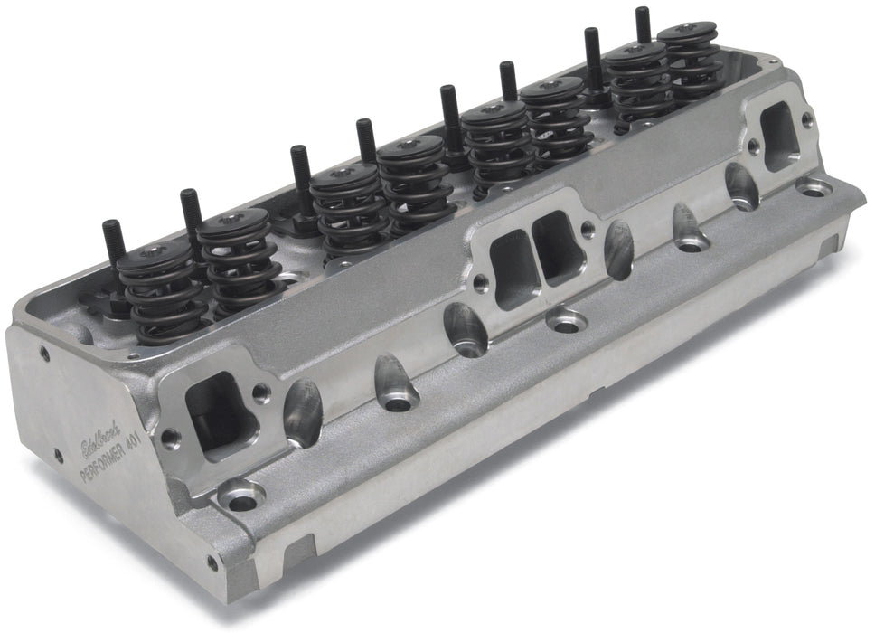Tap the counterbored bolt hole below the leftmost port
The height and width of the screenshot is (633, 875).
point(240,496)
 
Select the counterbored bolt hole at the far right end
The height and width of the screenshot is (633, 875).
point(814,188)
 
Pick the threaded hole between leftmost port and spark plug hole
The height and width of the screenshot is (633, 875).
point(261,393)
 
